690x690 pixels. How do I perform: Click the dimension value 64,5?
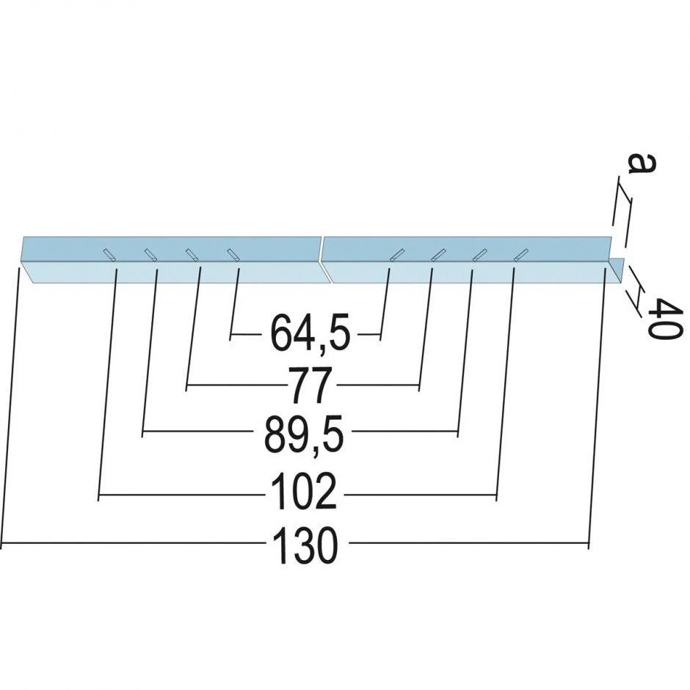point(310,333)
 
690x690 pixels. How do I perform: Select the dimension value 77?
point(309,385)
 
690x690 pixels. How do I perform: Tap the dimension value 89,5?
point(304,435)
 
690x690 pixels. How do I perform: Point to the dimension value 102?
point(304,492)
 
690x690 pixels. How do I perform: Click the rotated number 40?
point(665,318)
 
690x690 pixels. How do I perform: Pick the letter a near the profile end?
point(642,164)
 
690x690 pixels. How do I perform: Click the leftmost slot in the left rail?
point(109,255)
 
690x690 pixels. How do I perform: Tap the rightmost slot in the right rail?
point(521,255)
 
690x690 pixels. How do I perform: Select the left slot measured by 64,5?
point(233,255)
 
